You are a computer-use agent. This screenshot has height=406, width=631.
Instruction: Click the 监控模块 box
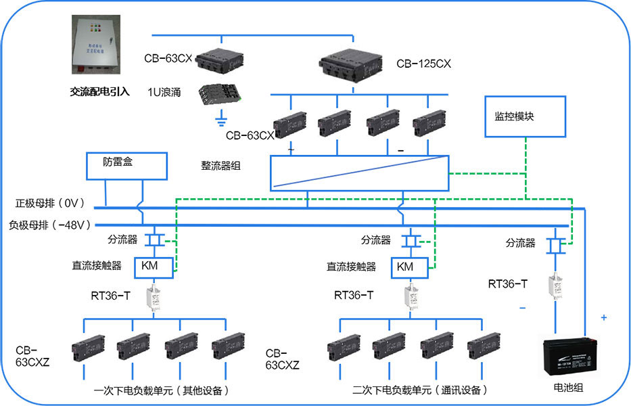525,116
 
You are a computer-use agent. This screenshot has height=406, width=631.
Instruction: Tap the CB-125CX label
423,64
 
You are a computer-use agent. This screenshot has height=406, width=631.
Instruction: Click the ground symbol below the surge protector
219,122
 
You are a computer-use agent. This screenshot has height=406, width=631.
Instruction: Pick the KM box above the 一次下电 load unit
149,266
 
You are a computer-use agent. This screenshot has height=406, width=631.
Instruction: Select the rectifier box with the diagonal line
359,173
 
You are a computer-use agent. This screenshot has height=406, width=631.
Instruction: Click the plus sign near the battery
603,317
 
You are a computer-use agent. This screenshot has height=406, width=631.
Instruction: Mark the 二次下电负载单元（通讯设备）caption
419,390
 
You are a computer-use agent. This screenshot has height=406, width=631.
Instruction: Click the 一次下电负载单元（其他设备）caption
161,390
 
